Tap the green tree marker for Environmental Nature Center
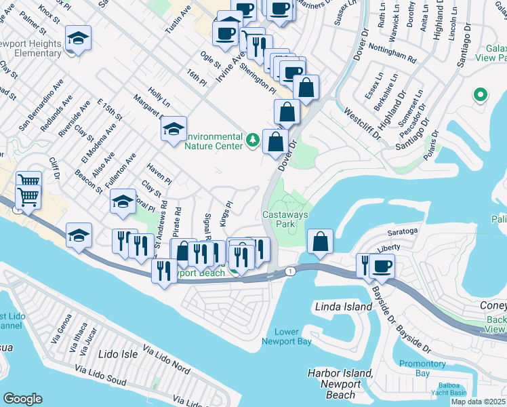pyautogui.click(x=253, y=140)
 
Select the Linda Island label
pyautogui.click(x=344, y=307)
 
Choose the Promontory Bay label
pyautogui.click(x=422, y=368)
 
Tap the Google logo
pyautogui.click(x=22, y=398)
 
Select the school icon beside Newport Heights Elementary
pyautogui.click(x=78, y=39)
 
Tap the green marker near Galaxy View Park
pyautogui.click(x=481, y=95)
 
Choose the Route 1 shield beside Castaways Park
pyautogui.click(x=291, y=271)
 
